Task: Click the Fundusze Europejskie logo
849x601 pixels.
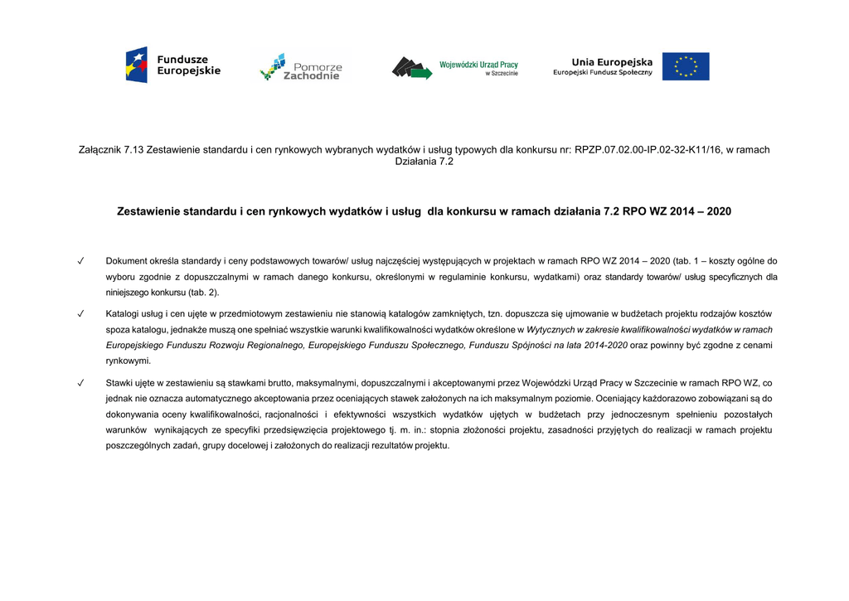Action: click(x=172, y=65)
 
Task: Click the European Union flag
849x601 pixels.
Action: click(x=686, y=66)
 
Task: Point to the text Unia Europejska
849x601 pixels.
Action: click(x=612, y=62)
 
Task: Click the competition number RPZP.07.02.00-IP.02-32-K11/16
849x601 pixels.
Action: click(x=647, y=150)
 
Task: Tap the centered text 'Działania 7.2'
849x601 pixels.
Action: click(x=424, y=162)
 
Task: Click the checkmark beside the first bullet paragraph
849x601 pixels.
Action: click(x=81, y=261)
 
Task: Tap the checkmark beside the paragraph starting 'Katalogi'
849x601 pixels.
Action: click(x=81, y=314)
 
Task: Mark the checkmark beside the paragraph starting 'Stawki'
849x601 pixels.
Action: click(x=81, y=384)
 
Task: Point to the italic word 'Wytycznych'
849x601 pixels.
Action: click(x=552, y=330)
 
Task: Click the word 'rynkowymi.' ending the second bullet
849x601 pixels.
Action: click(x=129, y=361)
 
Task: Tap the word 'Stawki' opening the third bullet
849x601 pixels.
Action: click(x=120, y=384)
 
